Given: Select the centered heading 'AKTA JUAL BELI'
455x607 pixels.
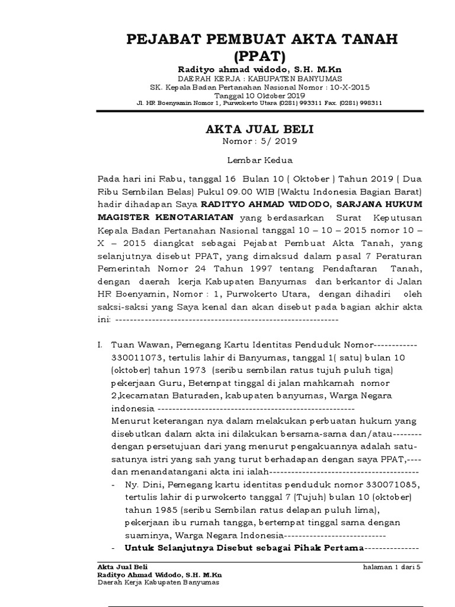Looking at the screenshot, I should pyautogui.click(x=259, y=129).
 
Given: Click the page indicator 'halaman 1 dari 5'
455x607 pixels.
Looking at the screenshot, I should pyautogui.click(x=391, y=567).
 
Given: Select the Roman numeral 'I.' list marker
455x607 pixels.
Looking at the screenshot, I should pyautogui.click(x=101, y=344).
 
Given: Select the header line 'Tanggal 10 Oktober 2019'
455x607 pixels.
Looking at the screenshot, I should pyautogui.click(x=259, y=95).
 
